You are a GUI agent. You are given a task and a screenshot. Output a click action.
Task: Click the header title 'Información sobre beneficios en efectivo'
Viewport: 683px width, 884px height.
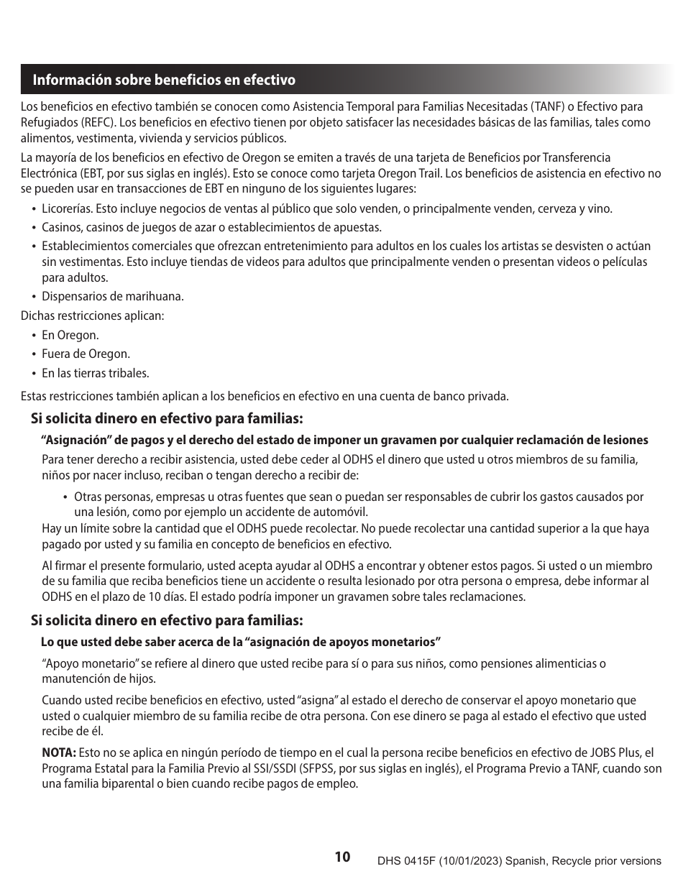pyautogui.click(x=163, y=80)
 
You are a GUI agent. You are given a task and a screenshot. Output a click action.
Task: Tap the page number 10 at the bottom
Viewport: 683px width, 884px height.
pyautogui.click(x=342, y=857)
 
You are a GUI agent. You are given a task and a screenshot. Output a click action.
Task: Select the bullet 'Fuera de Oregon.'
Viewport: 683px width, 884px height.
pyautogui.click(x=86, y=354)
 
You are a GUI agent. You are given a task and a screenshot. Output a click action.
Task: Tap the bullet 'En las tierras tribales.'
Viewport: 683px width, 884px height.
pyautogui.click(x=96, y=373)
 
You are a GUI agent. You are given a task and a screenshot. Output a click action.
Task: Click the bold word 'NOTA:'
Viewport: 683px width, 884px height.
pyautogui.click(x=59, y=752)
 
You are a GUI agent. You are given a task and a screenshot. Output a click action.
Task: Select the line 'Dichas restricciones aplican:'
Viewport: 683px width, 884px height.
pyautogui.click(x=92, y=316)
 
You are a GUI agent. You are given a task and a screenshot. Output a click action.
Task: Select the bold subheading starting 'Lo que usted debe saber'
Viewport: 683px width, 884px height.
pyautogui.click(x=240, y=641)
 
